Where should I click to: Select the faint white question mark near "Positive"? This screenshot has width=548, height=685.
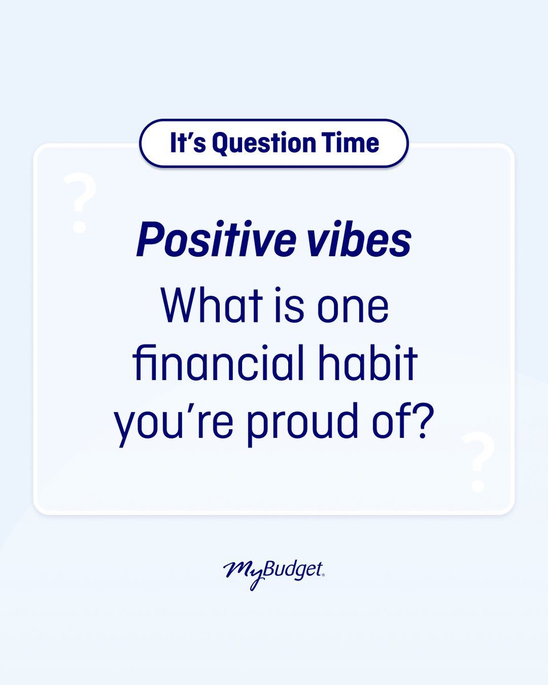pos(80,203)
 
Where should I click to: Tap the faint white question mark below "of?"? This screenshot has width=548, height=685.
pos(478,462)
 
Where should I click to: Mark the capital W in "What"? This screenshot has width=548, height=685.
pos(179,307)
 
